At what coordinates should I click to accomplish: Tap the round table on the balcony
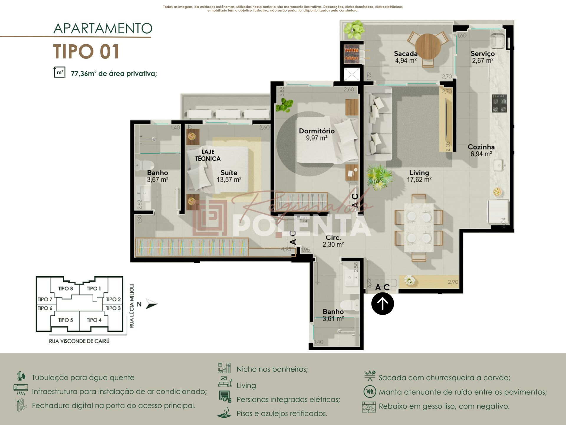[x=428, y=47]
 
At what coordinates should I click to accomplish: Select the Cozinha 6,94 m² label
[x=481, y=150]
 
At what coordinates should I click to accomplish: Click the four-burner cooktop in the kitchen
[x=499, y=103]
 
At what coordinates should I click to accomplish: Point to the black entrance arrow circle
[x=382, y=303]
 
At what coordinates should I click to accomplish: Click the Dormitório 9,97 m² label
[x=317, y=134]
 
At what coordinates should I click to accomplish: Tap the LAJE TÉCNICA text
[x=208, y=155]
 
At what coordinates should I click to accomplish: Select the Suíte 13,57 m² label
[x=229, y=176]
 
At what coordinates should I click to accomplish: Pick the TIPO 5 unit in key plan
[x=65, y=320]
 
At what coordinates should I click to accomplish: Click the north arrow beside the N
[x=152, y=304]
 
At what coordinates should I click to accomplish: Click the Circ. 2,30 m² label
[x=333, y=241]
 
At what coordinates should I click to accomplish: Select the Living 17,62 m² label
[x=419, y=176]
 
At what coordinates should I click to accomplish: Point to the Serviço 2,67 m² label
[x=482, y=57]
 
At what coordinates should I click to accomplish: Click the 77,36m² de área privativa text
[x=114, y=73]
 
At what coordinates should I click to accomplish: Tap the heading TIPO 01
[x=86, y=52]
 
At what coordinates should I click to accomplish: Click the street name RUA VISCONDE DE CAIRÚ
[x=79, y=341]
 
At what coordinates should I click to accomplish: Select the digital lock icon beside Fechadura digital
[x=21, y=405]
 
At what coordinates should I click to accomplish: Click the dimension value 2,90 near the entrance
[x=453, y=282]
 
